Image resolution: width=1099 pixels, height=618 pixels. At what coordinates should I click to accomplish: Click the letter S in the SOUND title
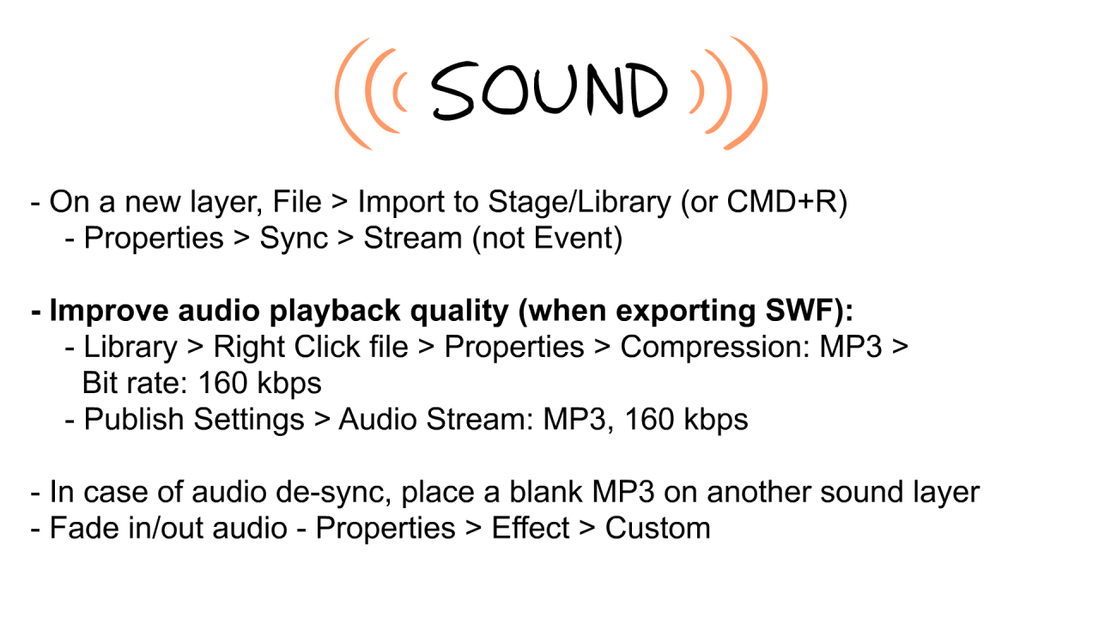454,91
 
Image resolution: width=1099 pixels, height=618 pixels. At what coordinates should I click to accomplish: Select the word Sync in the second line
294,239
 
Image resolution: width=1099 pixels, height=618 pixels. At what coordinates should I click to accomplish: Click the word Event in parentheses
574,239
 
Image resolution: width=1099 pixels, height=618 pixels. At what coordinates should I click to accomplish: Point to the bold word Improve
108,312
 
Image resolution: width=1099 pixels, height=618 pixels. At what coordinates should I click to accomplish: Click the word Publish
133,420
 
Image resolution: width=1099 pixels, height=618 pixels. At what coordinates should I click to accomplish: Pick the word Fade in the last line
84,529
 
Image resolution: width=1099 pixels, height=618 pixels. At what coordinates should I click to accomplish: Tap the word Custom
658,529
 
